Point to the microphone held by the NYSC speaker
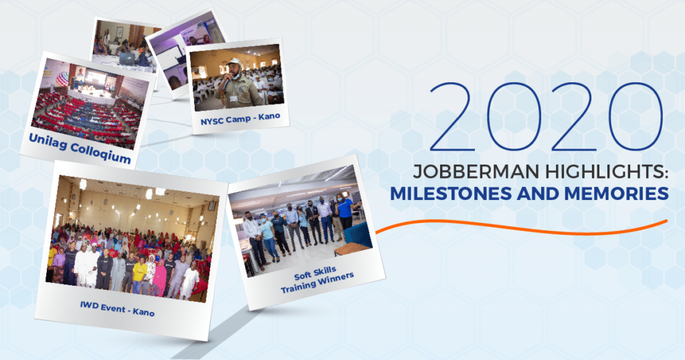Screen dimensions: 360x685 tap(226, 78)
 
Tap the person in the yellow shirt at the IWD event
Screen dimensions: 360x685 tap(139, 271)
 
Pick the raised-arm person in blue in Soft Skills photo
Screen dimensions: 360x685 tap(345, 211)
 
